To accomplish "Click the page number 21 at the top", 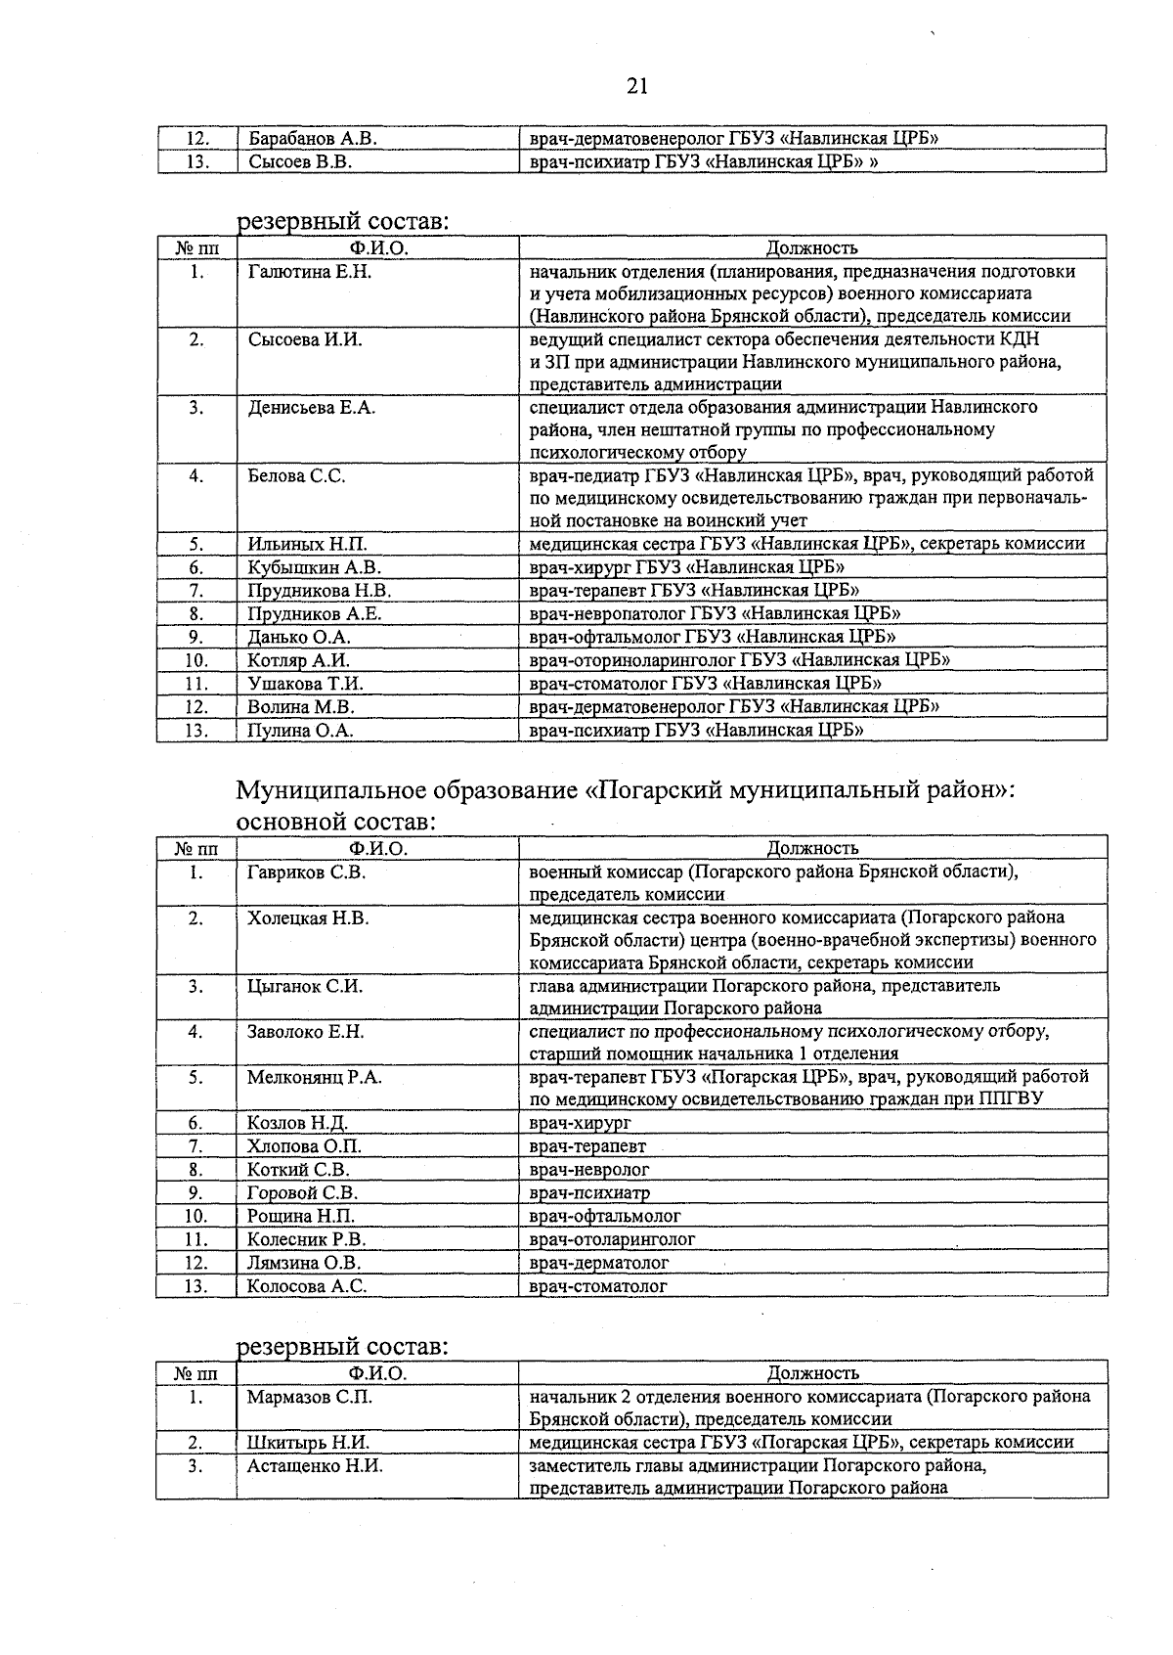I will [637, 86].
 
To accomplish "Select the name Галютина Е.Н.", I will [310, 272].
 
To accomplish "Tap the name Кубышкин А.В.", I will [314, 567].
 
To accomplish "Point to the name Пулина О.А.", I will [300, 731].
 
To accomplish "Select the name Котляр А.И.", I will [298, 660].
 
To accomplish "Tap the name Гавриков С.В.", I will [306, 872].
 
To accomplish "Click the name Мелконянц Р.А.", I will [314, 1077].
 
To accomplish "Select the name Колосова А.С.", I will [307, 1286].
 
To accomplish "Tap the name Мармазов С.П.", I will [309, 1397].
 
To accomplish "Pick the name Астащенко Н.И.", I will [314, 1466].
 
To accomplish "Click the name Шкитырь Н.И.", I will [308, 1443].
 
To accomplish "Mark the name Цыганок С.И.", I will [304, 986].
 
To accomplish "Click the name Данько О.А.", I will [298, 637].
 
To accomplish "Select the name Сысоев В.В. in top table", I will [300, 161].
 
